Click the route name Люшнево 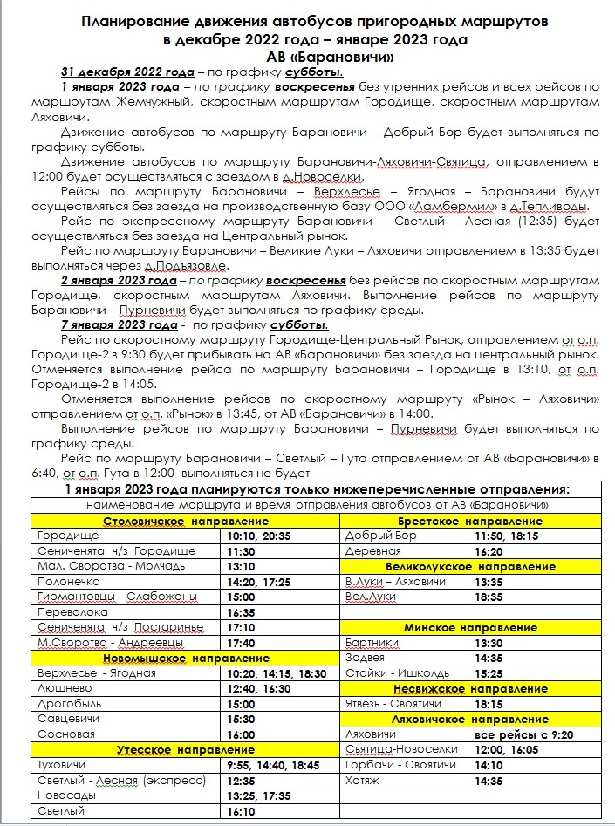60,688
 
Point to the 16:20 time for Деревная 488,551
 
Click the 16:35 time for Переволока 241,612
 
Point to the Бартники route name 372,643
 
